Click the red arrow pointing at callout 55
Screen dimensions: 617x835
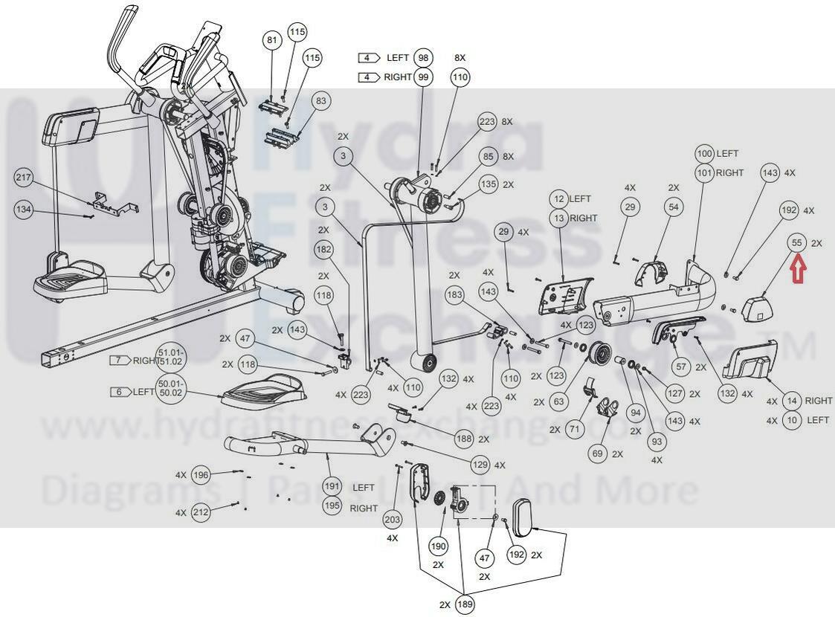tap(797, 268)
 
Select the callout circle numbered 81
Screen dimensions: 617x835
tap(272, 40)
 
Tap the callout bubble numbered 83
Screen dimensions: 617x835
tap(320, 100)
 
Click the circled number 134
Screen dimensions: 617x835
tap(25, 210)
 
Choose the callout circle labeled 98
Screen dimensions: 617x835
tap(423, 58)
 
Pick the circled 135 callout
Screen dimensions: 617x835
tap(488, 184)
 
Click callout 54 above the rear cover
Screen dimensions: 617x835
tap(674, 207)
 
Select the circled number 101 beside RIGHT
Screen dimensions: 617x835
tap(704, 172)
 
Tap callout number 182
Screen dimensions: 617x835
tap(324, 250)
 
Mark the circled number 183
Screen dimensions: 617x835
tap(455, 295)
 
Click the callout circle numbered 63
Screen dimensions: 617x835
tap(559, 402)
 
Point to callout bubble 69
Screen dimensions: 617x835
tap(597, 453)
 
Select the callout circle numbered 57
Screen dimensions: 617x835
tap(680, 366)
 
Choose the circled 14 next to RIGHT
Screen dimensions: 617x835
tap(792, 401)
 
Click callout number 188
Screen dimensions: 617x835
tap(464, 439)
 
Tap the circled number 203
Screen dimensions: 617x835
tap(393, 519)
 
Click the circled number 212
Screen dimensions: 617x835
tap(201, 512)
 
